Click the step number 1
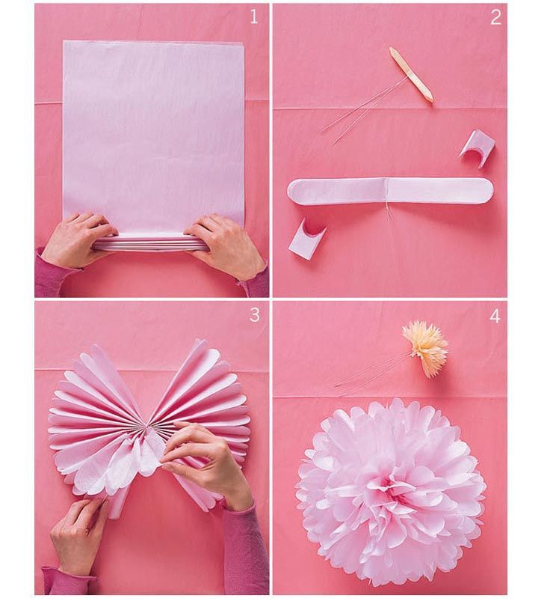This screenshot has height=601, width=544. pos(253,17)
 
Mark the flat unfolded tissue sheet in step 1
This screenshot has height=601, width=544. pos(153,127)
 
